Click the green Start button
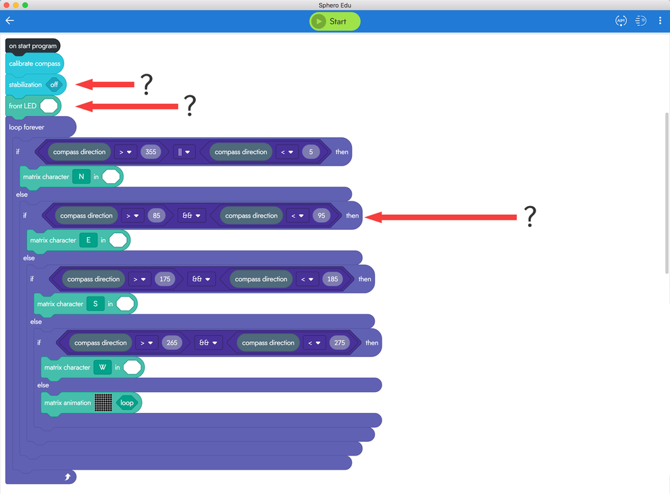[x=334, y=22]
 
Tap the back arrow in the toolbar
[x=10, y=20]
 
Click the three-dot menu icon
[x=660, y=20]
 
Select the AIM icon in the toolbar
[x=621, y=20]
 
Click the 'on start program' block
[x=33, y=46]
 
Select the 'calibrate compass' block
[x=34, y=64]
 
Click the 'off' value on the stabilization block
[x=54, y=84]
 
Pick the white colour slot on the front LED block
[x=49, y=105]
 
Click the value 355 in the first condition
[x=151, y=152]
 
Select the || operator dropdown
[x=184, y=152]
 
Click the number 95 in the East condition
[x=321, y=216]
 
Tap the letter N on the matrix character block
[x=81, y=176]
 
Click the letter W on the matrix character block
[x=103, y=368]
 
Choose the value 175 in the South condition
[x=165, y=279]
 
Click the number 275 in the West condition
[x=340, y=343]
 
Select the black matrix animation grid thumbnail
[x=103, y=403]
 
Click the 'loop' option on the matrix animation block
[x=127, y=403]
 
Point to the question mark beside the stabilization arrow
[x=147, y=84]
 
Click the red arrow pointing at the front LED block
[x=127, y=106]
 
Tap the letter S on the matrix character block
[x=95, y=303]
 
